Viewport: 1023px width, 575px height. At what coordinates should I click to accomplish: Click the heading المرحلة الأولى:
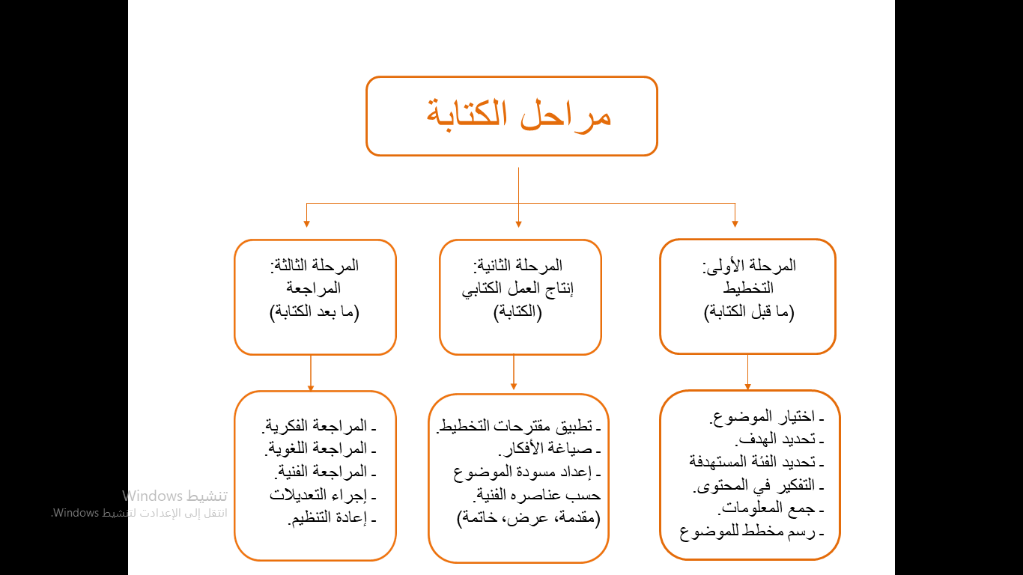(x=749, y=266)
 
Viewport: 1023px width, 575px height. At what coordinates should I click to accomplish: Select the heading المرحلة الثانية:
(x=518, y=266)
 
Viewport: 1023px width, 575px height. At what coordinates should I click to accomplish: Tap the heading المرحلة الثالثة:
(x=315, y=266)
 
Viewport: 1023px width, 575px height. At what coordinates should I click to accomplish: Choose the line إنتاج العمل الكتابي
(x=518, y=289)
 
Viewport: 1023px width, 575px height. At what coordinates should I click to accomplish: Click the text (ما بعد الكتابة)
(x=315, y=312)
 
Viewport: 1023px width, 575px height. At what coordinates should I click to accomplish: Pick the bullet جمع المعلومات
(x=771, y=510)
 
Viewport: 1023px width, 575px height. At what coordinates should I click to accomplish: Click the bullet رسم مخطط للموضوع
(x=751, y=533)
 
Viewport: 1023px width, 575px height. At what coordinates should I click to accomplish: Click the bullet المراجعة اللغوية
(x=318, y=449)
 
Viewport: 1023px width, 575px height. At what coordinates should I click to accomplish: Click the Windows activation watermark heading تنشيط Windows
(x=175, y=496)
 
